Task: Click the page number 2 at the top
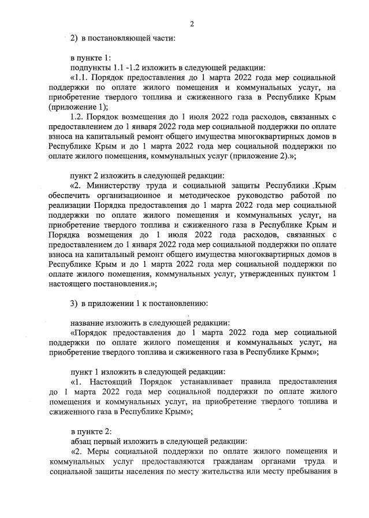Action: click(x=191, y=24)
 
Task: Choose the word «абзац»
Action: click(x=82, y=441)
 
